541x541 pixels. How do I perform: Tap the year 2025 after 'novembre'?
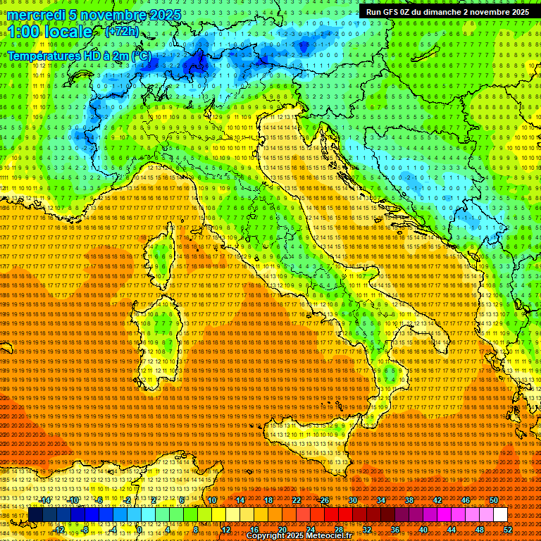click(x=164, y=15)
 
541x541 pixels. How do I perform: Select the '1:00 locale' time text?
click(x=50, y=32)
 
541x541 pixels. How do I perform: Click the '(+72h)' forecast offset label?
click(x=121, y=32)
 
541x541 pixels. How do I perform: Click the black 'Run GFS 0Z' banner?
click(x=447, y=11)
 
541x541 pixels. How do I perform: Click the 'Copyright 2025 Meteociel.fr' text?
click(x=303, y=536)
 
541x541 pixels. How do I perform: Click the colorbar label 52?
click(x=507, y=529)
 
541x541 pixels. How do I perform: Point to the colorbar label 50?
click(x=493, y=500)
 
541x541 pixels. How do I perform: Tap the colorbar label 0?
click(x=139, y=529)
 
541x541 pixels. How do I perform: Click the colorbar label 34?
click(x=381, y=500)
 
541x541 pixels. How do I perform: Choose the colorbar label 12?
click(x=225, y=529)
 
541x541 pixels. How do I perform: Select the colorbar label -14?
click(x=46, y=500)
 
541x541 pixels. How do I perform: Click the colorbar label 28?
click(x=338, y=529)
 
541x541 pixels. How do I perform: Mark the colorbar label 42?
click(x=437, y=500)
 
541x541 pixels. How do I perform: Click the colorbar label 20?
click(x=282, y=529)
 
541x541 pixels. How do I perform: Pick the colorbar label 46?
click(x=465, y=500)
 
